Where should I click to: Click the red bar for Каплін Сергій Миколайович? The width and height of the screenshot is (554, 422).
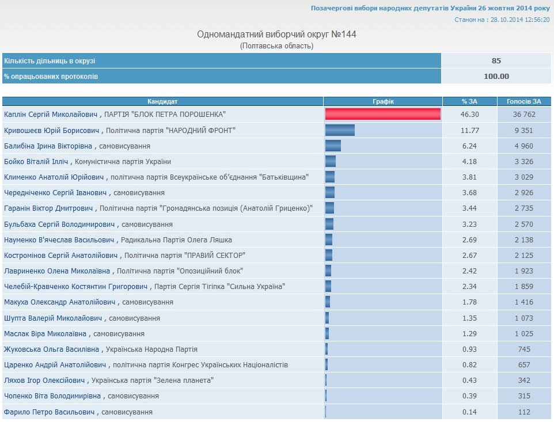[x=383, y=115]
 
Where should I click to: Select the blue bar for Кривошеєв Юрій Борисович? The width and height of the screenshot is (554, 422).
[x=340, y=131]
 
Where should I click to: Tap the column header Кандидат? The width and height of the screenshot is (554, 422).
[x=162, y=101]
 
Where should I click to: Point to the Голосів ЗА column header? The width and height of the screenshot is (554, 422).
[x=524, y=101]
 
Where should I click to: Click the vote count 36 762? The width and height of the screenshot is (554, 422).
[x=524, y=115]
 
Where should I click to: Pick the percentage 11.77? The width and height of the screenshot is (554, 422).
[x=470, y=131]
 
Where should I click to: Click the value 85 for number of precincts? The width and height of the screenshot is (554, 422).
[x=496, y=61]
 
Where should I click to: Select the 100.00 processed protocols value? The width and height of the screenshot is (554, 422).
[x=496, y=76]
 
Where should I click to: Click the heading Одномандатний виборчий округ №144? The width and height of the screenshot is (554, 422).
[x=277, y=35]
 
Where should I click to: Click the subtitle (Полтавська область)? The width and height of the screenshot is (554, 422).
[x=277, y=46]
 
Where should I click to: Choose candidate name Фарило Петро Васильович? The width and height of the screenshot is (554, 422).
[x=49, y=412]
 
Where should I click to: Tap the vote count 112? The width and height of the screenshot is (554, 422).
[x=524, y=412]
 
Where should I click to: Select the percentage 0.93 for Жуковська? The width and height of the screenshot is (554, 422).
[x=470, y=349]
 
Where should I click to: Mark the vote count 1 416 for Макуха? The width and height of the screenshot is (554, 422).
[x=524, y=302]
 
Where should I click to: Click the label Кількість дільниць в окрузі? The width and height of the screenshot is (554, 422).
[x=50, y=61]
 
